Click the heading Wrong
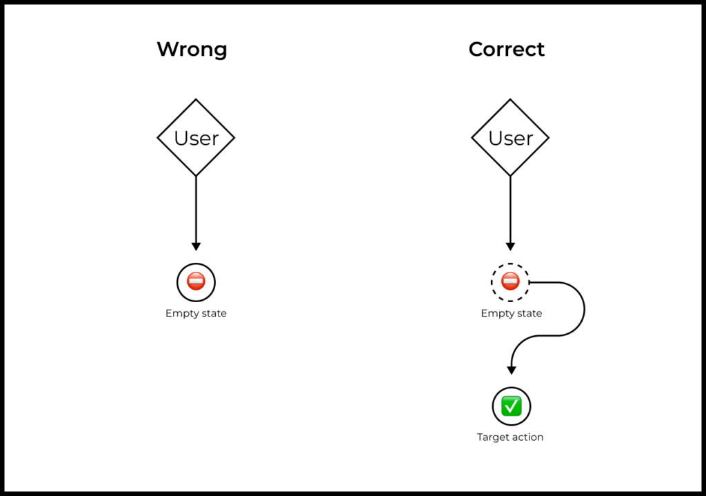click(192, 50)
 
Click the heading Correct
click(507, 49)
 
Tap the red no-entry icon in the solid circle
click(196, 281)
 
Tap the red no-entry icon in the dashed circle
click(510, 281)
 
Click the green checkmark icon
click(512, 406)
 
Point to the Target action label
click(510, 437)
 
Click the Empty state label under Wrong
click(196, 314)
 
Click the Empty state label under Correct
click(512, 314)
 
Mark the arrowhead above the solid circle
click(196, 246)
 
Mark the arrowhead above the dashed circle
click(510, 246)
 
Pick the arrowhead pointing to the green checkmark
click(512, 370)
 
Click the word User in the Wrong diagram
click(196, 138)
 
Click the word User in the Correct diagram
click(511, 138)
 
